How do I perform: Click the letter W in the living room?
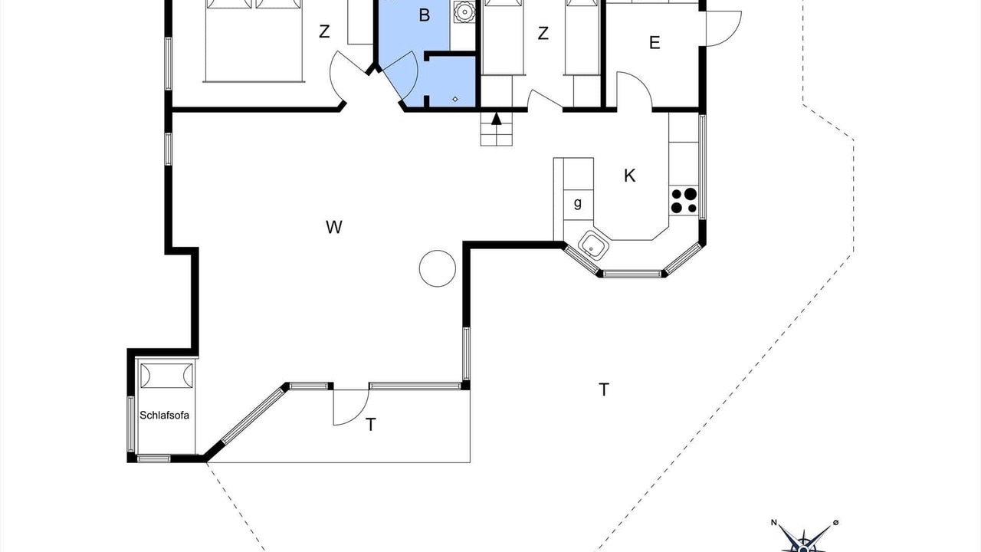click(x=333, y=227)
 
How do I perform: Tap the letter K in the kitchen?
click(x=629, y=176)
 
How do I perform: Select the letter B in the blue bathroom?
click(x=424, y=15)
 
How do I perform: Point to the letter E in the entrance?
click(x=655, y=42)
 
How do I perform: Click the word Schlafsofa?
click(x=164, y=415)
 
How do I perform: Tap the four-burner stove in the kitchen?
click(x=684, y=200)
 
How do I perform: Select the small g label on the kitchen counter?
click(x=578, y=203)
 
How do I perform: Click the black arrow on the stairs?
click(x=496, y=119)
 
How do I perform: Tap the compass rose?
click(x=804, y=540)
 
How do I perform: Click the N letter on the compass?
click(x=774, y=522)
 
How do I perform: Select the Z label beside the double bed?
click(x=324, y=31)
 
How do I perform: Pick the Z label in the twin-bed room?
click(x=543, y=33)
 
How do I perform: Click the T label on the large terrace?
click(x=604, y=389)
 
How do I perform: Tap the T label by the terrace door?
click(x=371, y=425)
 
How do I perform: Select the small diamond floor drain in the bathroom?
click(x=455, y=99)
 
